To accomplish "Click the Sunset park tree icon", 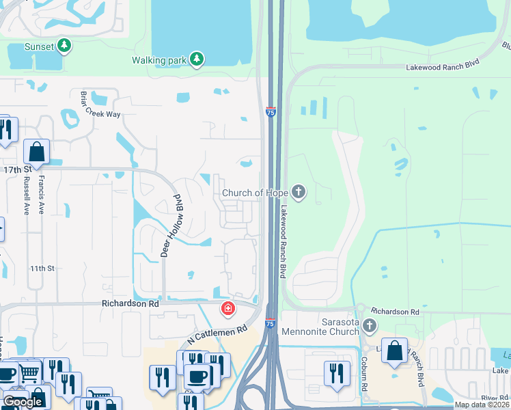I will click(x=65, y=46).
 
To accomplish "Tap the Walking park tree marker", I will click(x=197, y=59).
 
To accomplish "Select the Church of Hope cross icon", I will click(x=298, y=193).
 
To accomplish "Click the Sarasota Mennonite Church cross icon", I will click(x=370, y=325).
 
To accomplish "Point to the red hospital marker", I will click(x=227, y=310).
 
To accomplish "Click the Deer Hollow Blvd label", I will click(x=173, y=225).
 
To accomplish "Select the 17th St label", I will click(x=18, y=168).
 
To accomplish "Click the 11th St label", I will click(x=42, y=269).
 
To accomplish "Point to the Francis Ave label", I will click(x=42, y=195).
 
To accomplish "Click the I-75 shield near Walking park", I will click(x=271, y=112).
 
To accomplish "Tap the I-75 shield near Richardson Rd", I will click(x=270, y=323).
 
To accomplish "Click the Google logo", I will click(x=23, y=402).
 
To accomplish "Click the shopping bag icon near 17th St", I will click(x=37, y=151).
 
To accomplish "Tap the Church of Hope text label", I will click(x=255, y=193).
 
